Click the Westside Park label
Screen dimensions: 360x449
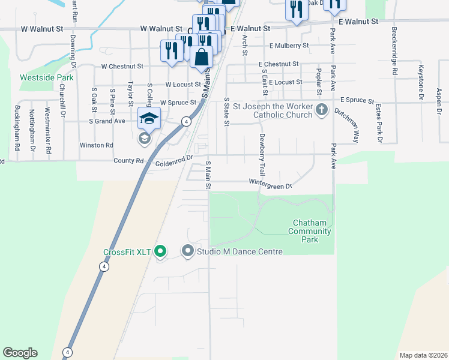click(46, 77)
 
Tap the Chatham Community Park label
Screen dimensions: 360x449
click(310, 231)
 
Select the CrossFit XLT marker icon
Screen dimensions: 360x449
click(160, 251)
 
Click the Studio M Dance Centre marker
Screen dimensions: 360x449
click(188, 251)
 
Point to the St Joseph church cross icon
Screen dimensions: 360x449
click(322, 110)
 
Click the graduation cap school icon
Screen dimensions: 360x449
click(148, 118)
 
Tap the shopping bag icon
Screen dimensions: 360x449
click(202, 58)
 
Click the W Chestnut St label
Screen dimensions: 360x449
click(122, 67)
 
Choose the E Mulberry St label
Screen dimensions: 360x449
click(289, 46)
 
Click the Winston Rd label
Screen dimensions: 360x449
click(97, 145)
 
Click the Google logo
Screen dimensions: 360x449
click(20, 353)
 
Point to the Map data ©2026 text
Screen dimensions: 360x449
click(423, 355)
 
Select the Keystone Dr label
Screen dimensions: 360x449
click(421, 82)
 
